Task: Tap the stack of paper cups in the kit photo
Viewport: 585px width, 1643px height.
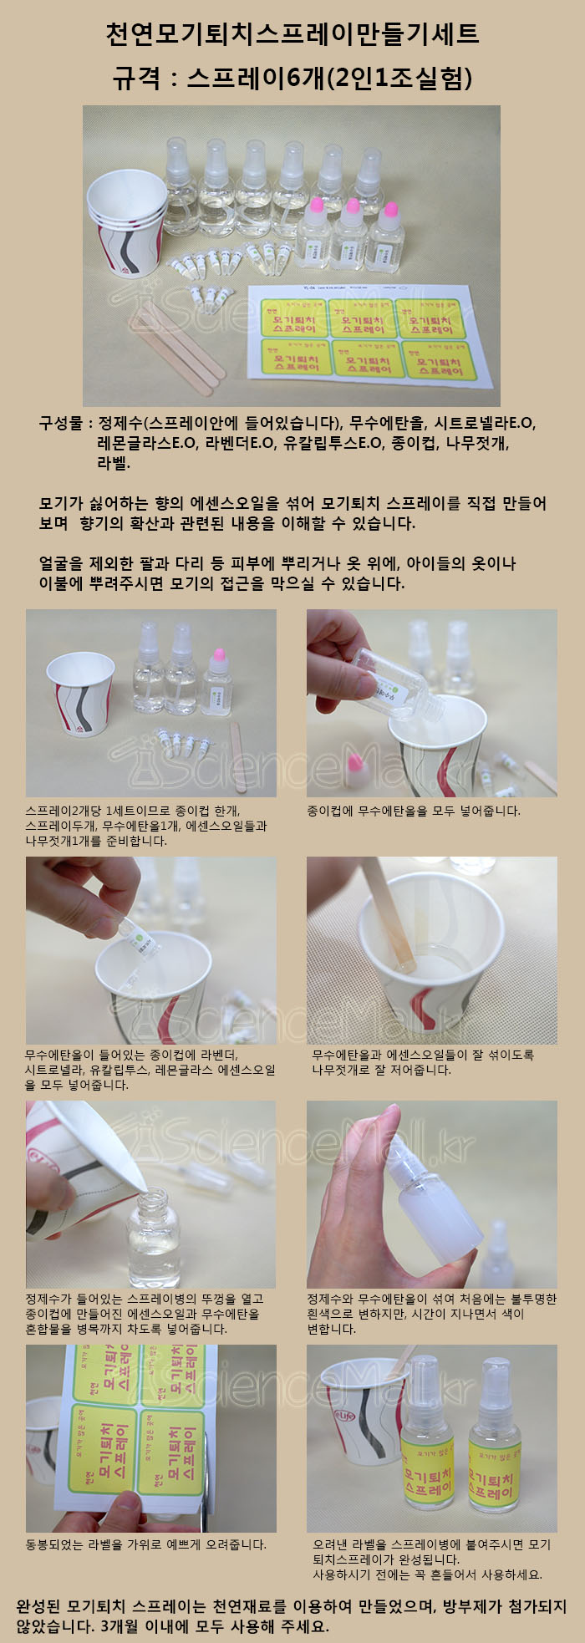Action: click(127, 222)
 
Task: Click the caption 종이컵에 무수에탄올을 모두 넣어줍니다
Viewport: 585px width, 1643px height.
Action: click(414, 811)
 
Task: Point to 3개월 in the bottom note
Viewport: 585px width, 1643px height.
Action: click(122, 1626)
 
